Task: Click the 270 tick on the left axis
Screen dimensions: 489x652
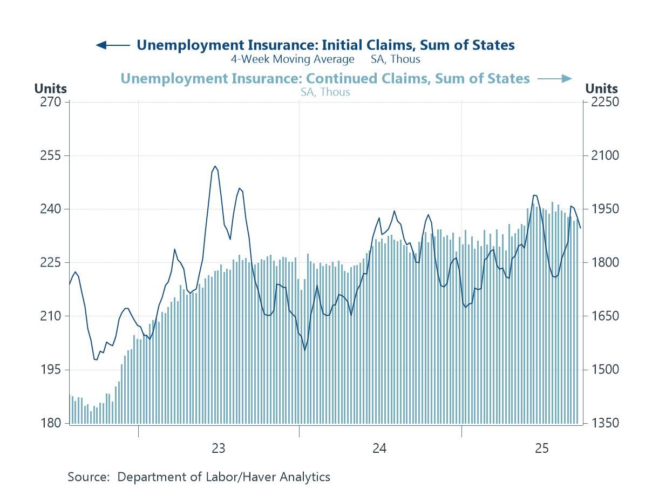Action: point(52,102)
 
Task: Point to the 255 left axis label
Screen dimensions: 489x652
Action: point(52,155)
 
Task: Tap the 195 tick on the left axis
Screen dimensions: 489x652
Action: point(52,370)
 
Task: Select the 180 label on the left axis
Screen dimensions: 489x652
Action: point(52,423)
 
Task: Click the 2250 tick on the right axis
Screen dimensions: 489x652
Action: point(603,102)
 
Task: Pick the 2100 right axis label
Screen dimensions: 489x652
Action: point(603,155)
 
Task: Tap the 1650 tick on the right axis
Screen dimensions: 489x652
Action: point(603,316)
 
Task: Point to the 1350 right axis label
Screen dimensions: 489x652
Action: point(603,423)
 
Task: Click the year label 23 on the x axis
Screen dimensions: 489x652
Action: point(218,448)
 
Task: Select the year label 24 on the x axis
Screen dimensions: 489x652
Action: point(379,448)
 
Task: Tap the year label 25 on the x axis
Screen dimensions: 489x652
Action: point(541,448)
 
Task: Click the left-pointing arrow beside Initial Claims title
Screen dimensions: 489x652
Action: point(112,45)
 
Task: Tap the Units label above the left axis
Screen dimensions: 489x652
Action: point(50,89)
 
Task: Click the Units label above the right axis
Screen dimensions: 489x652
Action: point(601,89)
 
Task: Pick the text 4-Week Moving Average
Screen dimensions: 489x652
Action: point(293,59)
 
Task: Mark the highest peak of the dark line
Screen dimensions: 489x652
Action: point(215,166)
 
